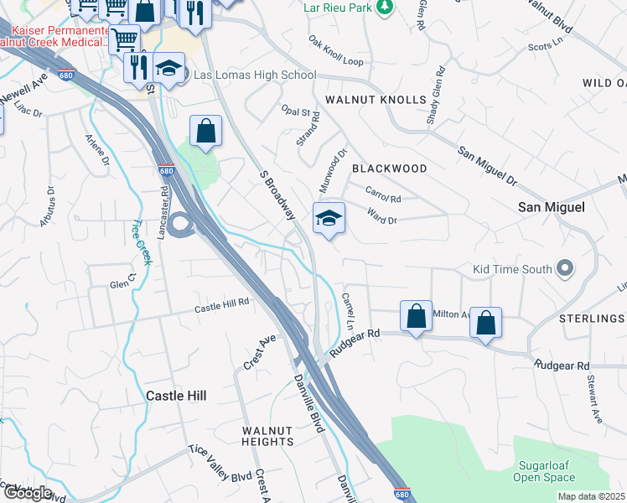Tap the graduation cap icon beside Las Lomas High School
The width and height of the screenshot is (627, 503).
coord(168,69)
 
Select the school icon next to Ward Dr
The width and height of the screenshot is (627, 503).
coord(329,220)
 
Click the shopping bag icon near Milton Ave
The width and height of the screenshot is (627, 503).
coord(416,317)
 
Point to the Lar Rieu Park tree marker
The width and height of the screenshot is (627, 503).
coord(385,8)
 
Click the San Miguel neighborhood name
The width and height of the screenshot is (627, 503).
coord(551,206)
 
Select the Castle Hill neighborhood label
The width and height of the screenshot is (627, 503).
coord(176,395)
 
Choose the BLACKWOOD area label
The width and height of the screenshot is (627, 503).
coord(389,169)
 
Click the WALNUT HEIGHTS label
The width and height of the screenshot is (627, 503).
coord(268,435)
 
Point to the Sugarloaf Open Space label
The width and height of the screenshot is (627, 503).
coord(547,470)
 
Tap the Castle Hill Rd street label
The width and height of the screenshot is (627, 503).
coord(222,308)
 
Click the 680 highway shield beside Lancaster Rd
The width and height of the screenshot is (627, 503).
coord(166,171)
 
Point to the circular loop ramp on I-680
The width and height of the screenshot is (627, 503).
coord(179,225)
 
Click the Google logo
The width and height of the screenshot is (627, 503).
coord(28,493)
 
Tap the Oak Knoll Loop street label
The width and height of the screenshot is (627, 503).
coord(335,51)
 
